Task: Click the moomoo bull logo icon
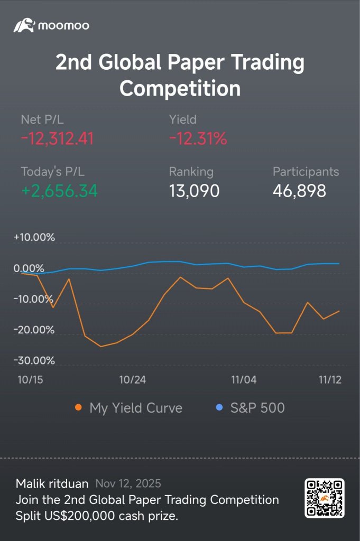point(24,25)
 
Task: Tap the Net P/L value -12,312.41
point(57,138)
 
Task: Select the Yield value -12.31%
point(198,138)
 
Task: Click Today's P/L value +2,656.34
point(59,191)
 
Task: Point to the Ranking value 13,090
point(194,191)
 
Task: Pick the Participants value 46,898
point(299,191)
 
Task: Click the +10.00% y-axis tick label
point(34,237)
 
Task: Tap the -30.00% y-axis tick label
point(34,361)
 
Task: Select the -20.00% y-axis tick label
point(34,330)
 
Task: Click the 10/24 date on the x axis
point(133,380)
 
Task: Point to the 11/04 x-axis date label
point(244,380)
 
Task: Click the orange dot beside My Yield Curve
point(78,408)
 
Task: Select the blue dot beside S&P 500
point(219,408)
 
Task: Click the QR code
point(324,498)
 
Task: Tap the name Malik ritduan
point(52,483)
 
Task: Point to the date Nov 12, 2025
point(128,483)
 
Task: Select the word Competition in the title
point(180,88)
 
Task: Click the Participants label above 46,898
point(306,172)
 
